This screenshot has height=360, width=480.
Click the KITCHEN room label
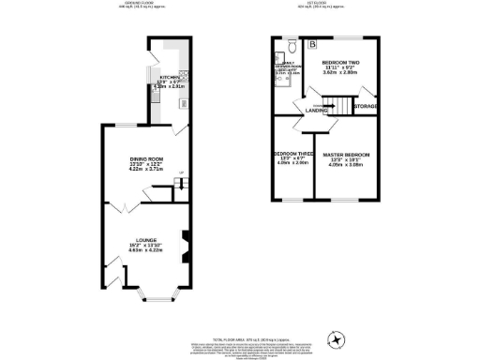(170, 78)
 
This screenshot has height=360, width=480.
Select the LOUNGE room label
(145, 240)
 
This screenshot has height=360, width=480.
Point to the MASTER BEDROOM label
(346, 155)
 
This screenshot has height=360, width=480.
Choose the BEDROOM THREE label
(292, 154)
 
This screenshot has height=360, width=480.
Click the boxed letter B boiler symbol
(312, 44)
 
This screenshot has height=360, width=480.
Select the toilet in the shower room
(292, 44)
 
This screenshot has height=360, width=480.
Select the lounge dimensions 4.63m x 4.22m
(145, 252)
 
